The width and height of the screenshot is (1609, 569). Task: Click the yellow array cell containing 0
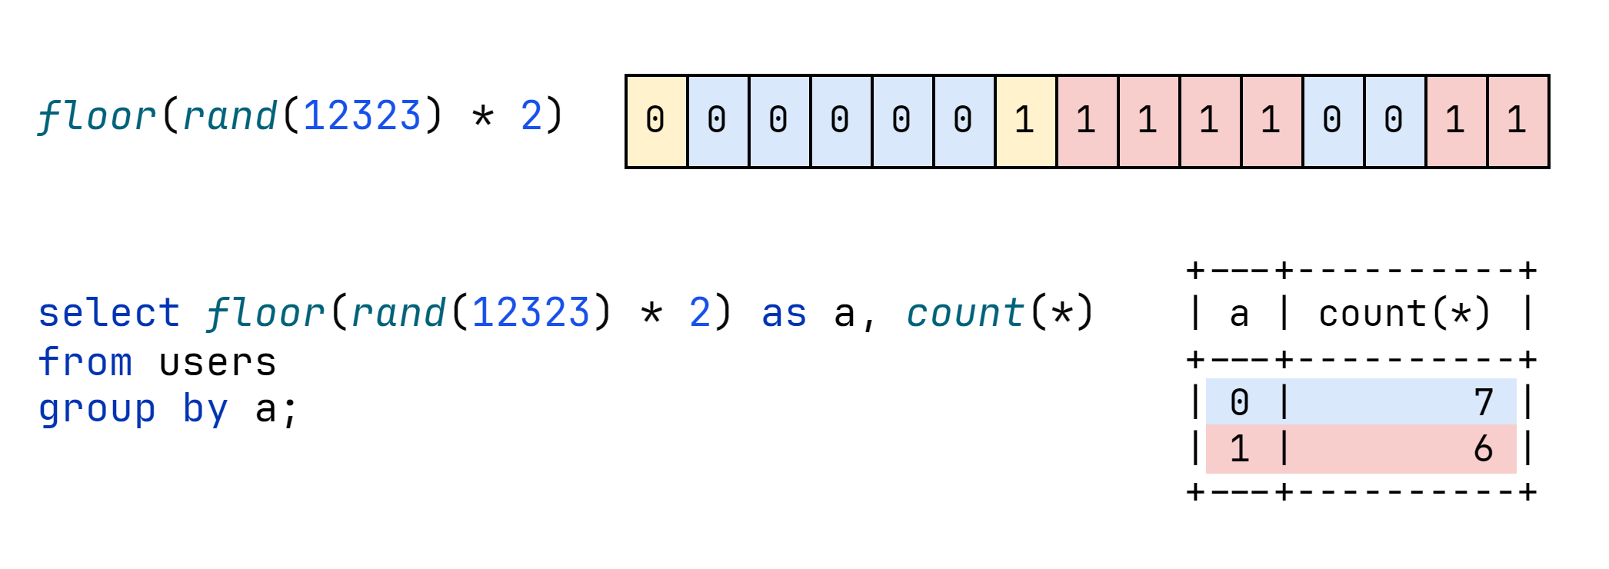point(657,121)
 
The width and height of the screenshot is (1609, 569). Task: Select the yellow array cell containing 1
point(1026,121)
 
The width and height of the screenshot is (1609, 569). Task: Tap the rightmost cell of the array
point(1518,121)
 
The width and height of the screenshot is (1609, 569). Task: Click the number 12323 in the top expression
point(362,116)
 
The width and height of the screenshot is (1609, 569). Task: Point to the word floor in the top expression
point(97,116)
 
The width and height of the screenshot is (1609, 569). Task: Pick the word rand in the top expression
point(230,116)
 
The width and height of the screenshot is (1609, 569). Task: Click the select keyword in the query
point(109,313)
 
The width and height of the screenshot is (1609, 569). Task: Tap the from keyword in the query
point(85,361)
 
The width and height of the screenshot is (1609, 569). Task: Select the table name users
point(218,363)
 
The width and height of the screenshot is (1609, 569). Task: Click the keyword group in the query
point(98,410)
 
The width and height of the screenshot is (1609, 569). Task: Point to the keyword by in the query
point(205,408)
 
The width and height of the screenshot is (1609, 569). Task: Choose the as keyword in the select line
point(784,314)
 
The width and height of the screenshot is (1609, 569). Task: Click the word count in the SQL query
point(965,313)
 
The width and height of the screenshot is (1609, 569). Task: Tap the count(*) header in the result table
point(1405,314)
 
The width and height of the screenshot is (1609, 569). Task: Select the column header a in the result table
point(1239,314)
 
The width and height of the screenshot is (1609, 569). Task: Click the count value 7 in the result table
point(1484,402)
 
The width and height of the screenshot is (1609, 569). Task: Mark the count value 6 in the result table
point(1484,448)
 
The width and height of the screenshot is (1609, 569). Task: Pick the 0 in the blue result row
point(1239,402)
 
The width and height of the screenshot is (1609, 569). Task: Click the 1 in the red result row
point(1239,448)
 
